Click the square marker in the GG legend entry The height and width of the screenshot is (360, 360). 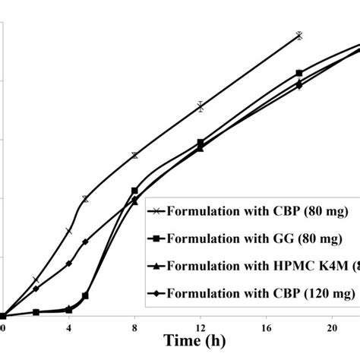[154, 239]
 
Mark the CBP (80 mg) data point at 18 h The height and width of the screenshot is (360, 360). [299, 36]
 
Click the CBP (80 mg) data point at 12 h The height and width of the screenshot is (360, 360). [201, 106]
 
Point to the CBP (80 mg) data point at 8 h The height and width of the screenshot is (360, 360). [135, 155]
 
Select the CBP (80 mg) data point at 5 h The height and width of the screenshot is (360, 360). [85, 199]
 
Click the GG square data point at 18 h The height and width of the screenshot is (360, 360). [299, 73]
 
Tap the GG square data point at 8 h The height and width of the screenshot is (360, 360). [135, 191]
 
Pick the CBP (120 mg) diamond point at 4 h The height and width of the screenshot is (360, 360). [69, 264]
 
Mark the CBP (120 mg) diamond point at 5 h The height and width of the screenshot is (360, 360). [85, 242]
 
